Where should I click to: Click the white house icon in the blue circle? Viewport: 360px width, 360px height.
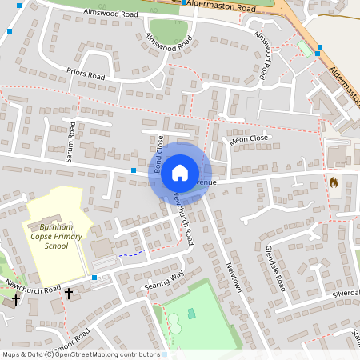(x=180, y=172)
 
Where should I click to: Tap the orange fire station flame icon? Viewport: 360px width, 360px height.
(x=334, y=182)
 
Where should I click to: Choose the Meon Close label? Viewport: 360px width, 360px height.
(x=249, y=140)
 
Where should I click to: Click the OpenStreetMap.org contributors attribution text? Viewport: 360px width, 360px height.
(x=106, y=354)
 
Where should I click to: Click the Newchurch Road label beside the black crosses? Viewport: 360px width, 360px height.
(x=31, y=286)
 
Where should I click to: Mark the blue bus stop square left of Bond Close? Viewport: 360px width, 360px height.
(x=133, y=170)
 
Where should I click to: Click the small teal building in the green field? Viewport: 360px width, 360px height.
(x=190, y=313)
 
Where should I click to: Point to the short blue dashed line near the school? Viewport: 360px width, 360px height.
(x=132, y=254)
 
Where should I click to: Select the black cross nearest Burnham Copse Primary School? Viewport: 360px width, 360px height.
(x=69, y=294)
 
